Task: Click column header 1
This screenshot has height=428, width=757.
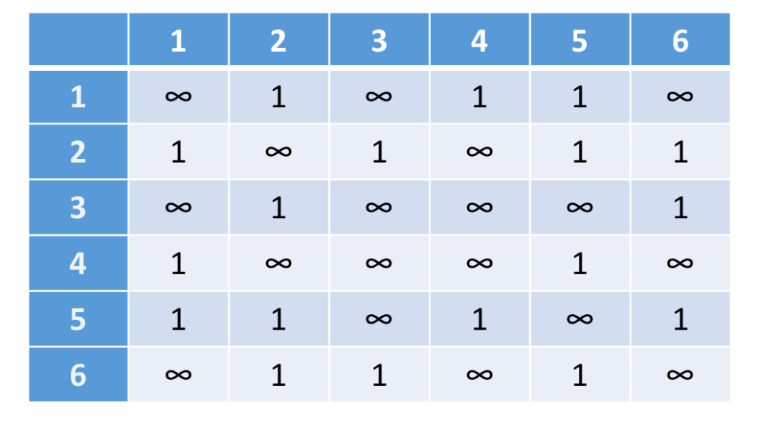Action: pyautogui.click(x=178, y=40)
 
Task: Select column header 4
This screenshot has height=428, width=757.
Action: pyautogui.click(x=479, y=40)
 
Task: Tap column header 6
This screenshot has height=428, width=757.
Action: pyautogui.click(x=680, y=40)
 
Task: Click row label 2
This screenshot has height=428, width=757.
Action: pyautogui.click(x=78, y=152)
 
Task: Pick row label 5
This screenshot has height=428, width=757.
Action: pyautogui.click(x=78, y=319)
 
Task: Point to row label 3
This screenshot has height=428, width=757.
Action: pyautogui.click(x=78, y=208)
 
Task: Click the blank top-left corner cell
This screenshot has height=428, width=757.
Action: pyautogui.click(x=78, y=40)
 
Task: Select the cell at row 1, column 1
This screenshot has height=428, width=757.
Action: pyautogui.click(x=178, y=96)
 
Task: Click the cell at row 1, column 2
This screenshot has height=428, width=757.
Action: pyautogui.click(x=279, y=96)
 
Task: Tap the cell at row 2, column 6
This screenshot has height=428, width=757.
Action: pyautogui.click(x=680, y=152)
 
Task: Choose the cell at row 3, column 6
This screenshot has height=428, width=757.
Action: pyautogui.click(x=680, y=208)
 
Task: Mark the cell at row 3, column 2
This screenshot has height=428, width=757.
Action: pyautogui.click(x=279, y=208)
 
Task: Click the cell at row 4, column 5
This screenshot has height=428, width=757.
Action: pyautogui.click(x=580, y=263)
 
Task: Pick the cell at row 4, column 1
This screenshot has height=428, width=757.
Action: pyautogui.click(x=178, y=263)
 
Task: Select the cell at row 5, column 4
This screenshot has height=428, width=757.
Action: pyautogui.click(x=479, y=319)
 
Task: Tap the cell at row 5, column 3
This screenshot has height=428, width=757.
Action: pyautogui.click(x=379, y=319)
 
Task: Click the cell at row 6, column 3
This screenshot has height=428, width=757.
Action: pyautogui.click(x=379, y=376)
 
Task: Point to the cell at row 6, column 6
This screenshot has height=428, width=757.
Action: pyautogui.click(x=680, y=376)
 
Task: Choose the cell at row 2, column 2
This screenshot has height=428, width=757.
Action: pyautogui.click(x=279, y=152)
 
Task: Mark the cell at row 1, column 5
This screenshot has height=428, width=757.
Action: pyautogui.click(x=580, y=96)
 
